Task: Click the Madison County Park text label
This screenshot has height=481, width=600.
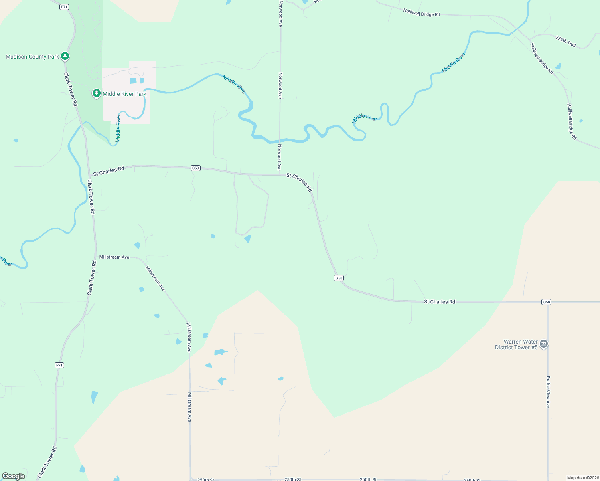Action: [32, 57]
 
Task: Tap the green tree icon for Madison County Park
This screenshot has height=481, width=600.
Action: [65, 56]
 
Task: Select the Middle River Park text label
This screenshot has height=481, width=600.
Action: [124, 94]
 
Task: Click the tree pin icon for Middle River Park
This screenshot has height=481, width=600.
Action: [96, 93]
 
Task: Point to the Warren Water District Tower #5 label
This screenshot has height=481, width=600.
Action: [516, 344]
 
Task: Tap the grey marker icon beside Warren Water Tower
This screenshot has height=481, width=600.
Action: [544, 344]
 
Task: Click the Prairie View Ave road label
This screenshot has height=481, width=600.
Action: [548, 392]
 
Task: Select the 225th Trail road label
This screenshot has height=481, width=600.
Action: [566, 41]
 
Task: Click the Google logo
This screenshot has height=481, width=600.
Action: [14, 476]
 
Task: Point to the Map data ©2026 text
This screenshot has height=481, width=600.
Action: [582, 478]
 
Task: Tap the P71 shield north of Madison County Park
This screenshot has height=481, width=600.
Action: [64, 7]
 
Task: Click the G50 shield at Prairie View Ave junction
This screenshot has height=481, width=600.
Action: [546, 302]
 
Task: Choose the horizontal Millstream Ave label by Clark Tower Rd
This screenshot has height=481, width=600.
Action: [114, 257]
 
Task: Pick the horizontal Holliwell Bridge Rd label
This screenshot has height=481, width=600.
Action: [422, 13]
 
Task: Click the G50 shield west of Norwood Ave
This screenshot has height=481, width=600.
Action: [195, 168]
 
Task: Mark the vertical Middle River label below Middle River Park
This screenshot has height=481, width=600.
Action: [118, 128]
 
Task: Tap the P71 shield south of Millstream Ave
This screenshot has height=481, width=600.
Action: [59, 365]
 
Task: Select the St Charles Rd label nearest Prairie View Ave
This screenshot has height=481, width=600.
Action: [440, 301]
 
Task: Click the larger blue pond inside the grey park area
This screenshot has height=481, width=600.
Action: [133, 81]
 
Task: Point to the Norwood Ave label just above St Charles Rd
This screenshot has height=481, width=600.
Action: [279, 158]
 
